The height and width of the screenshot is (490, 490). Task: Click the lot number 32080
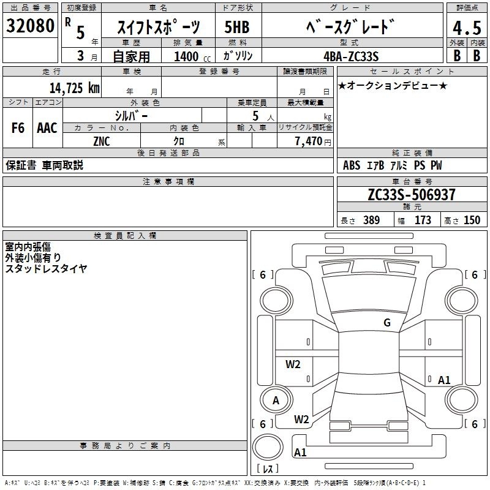pyautogui.click(x=30, y=26)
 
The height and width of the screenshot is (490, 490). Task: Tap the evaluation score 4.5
pyautogui.click(x=467, y=28)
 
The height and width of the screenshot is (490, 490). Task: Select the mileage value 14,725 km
pyautogui.click(x=74, y=88)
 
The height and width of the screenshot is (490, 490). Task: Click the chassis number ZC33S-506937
pyautogui.click(x=412, y=194)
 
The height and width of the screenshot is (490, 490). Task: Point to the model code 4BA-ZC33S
pyautogui.click(x=351, y=56)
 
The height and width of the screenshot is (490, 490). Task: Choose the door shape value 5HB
pyautogui.click(x=237, y=27)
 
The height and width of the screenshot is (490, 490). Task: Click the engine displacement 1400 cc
pyautogui.click(x=192, y=56)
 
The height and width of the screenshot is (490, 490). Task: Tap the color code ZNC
pyautogui.click(x=102, y=141)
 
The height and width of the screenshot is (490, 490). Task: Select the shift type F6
pyautogui.click(x=18, y=128)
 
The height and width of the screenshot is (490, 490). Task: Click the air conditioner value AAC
pyautogui.click(x=47, y=128)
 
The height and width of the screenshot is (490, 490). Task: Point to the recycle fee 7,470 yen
pyautogui.click(x=313, y=141)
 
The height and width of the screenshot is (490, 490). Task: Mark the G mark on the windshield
pyautogui.click(x=387, y=323)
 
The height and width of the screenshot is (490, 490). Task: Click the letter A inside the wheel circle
pyautogui.click(x=276, y=401)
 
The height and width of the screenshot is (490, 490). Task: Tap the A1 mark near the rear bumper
pyautogui.click(x=300, y=452)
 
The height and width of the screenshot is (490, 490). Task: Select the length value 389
pyautogui.click(x=371, y=220)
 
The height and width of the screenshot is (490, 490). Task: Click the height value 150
pyautogui.click(x=472, y=220)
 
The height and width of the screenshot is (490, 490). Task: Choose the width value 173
pyautogui.click(x=423, y=220)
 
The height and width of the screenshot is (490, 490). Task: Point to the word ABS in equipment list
pyautogui.click(x=352, y=165)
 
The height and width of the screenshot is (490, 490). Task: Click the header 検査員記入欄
pyautogui.click(x=125, y=236)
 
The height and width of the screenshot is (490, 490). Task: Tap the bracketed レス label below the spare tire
pyautogui.click(x=268, y=469)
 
